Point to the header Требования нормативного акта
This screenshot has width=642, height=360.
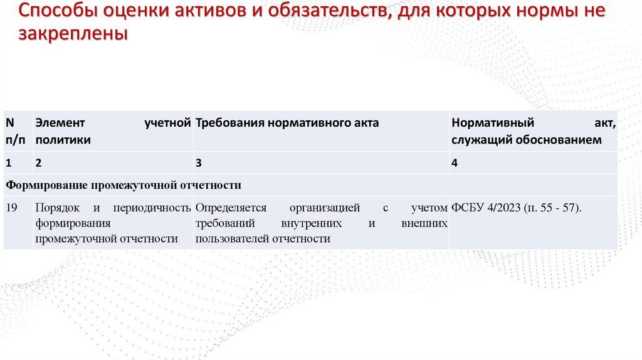coord(287,123)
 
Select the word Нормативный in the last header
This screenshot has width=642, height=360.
coord(493,123)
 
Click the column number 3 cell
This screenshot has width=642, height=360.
coord(199,162)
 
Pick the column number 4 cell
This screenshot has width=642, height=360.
coord(455,162)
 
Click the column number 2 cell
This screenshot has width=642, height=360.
coord(38,162)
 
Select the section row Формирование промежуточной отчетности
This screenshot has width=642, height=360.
coord(124,185)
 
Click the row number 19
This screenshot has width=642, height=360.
coord(11,207)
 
